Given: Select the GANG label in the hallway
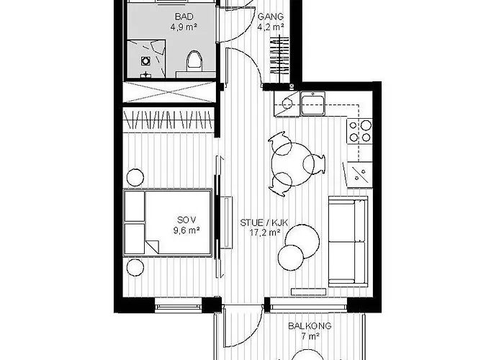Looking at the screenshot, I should [x=271, y=17].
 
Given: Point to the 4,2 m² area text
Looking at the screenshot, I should [x=271, y=28].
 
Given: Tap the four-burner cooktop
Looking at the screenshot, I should [x=359, y=130].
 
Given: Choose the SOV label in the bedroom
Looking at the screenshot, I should [x=185, y=220].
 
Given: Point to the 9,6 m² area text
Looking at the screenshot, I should [x=185, y=231].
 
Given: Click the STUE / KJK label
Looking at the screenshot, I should [x=264, y=222].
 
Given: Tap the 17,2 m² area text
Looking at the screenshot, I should [x=264, y=233].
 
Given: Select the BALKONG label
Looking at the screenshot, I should [x=310, y=325].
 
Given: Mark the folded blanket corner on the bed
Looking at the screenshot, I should [x=151, y=246].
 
